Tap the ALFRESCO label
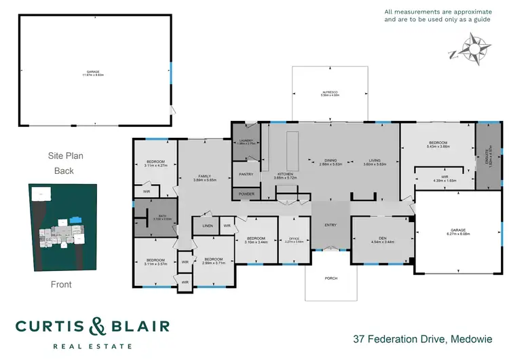(x=330, y=92)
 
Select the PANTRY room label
(x=246, y=175)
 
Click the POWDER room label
(x=246, y=194)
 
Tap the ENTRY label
(x=330, y=225)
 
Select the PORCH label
(x=331, y=278)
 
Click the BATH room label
(x=157, y=217)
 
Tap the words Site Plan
(x=64, y=156)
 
